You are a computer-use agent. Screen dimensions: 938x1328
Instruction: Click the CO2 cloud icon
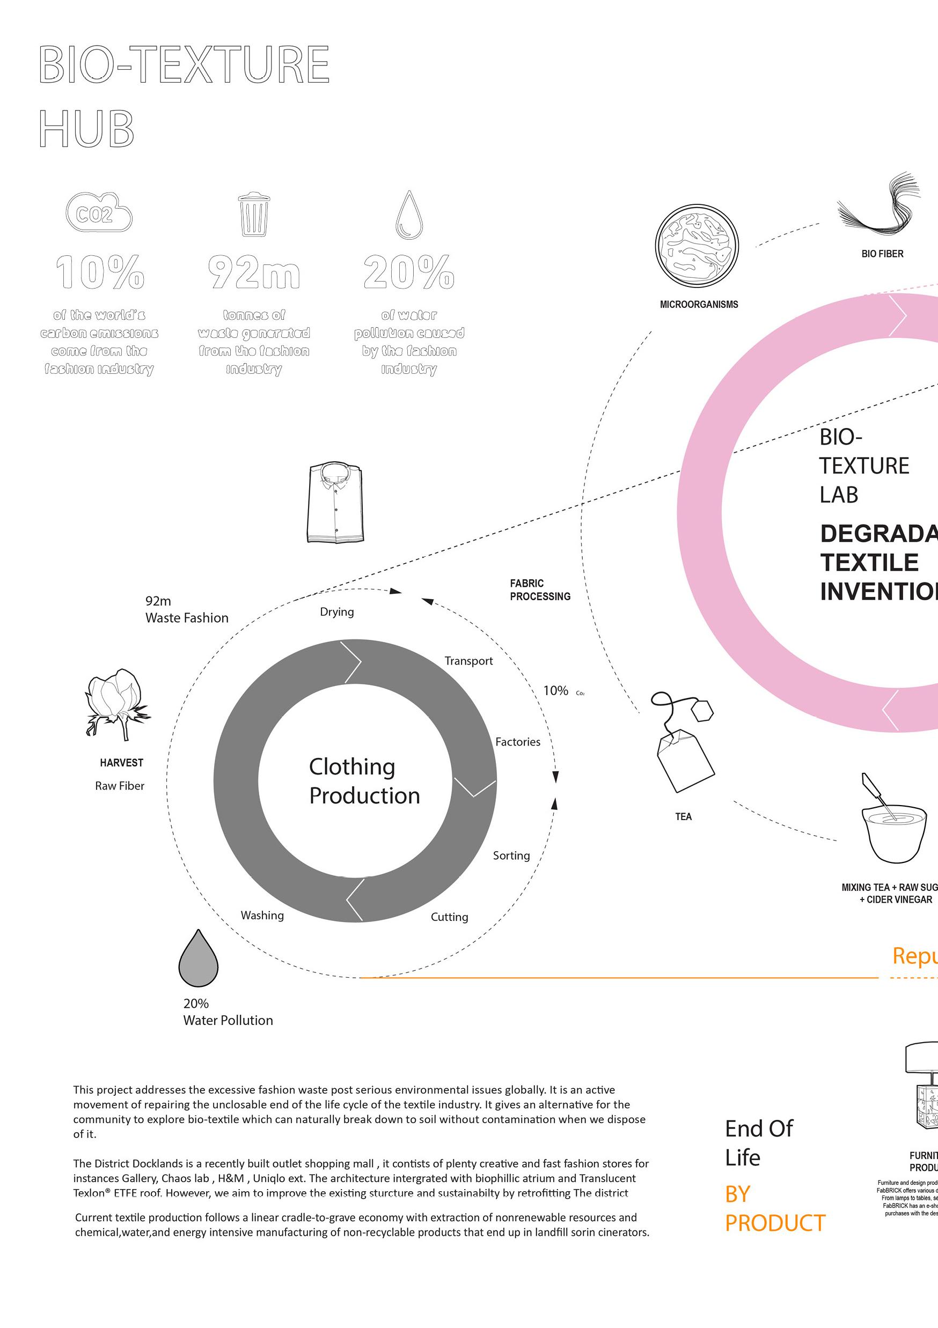click(99, 212)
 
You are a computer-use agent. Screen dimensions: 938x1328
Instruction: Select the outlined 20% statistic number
click(408, 272)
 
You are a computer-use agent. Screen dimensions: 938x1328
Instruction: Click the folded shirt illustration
click(335, 502)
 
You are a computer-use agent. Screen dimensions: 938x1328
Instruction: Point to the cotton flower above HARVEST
click(116, 703)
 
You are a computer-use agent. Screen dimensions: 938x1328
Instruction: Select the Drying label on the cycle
click(337, 612)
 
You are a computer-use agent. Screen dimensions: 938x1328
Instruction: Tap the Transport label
click(468, 661)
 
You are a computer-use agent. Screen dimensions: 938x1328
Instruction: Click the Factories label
click(517, 742)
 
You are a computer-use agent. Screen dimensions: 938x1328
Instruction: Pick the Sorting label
click(511, 855)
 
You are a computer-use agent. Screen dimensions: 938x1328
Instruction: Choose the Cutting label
click(449, 917)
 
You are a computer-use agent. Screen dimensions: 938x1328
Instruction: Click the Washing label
click(262, 915)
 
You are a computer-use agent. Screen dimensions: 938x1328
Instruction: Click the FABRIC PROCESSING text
click(539, 590)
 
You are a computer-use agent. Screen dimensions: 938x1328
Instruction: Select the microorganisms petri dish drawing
click(697, 246)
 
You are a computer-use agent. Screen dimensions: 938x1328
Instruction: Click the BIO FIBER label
click(882, 254)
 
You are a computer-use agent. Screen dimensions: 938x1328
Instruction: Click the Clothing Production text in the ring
click(364, 781)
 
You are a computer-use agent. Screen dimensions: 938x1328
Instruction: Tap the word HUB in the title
click(87, 128)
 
